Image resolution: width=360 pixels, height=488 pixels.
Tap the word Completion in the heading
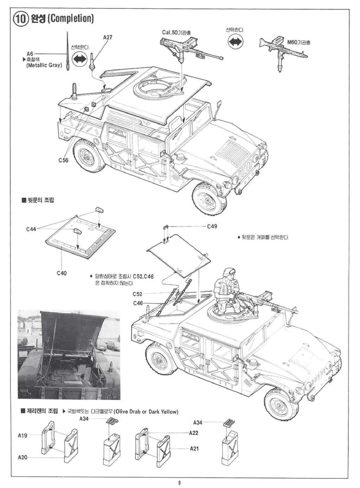pyautogui.click(x=71, y=18)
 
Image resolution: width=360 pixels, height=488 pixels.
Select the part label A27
pyautogui.click(x=108, y=37)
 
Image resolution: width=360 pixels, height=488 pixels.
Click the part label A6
pyautogui.click(x=30, y=53)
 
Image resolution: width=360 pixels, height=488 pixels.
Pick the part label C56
pyautogui.click(x=64, y=160)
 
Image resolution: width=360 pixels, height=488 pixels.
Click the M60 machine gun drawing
pyautogui.click(x=283, y=51)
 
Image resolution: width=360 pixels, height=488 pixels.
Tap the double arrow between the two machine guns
pyautogui.click(x=235, y=41)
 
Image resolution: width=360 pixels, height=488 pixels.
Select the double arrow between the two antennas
pyautogui.click(x=80, y=59)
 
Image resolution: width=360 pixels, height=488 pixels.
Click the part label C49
pyautogui.click(x=212, y=227)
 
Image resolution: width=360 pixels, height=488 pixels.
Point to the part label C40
pyautogui.click(x=61, y=273)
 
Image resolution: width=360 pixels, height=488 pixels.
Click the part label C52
pyautogui.click(x=137, y=294)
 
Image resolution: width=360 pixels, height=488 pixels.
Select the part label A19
pyautogui.click(x=22, y=436)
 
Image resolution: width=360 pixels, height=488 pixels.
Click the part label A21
pyautogui.click(x=194, y=448)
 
